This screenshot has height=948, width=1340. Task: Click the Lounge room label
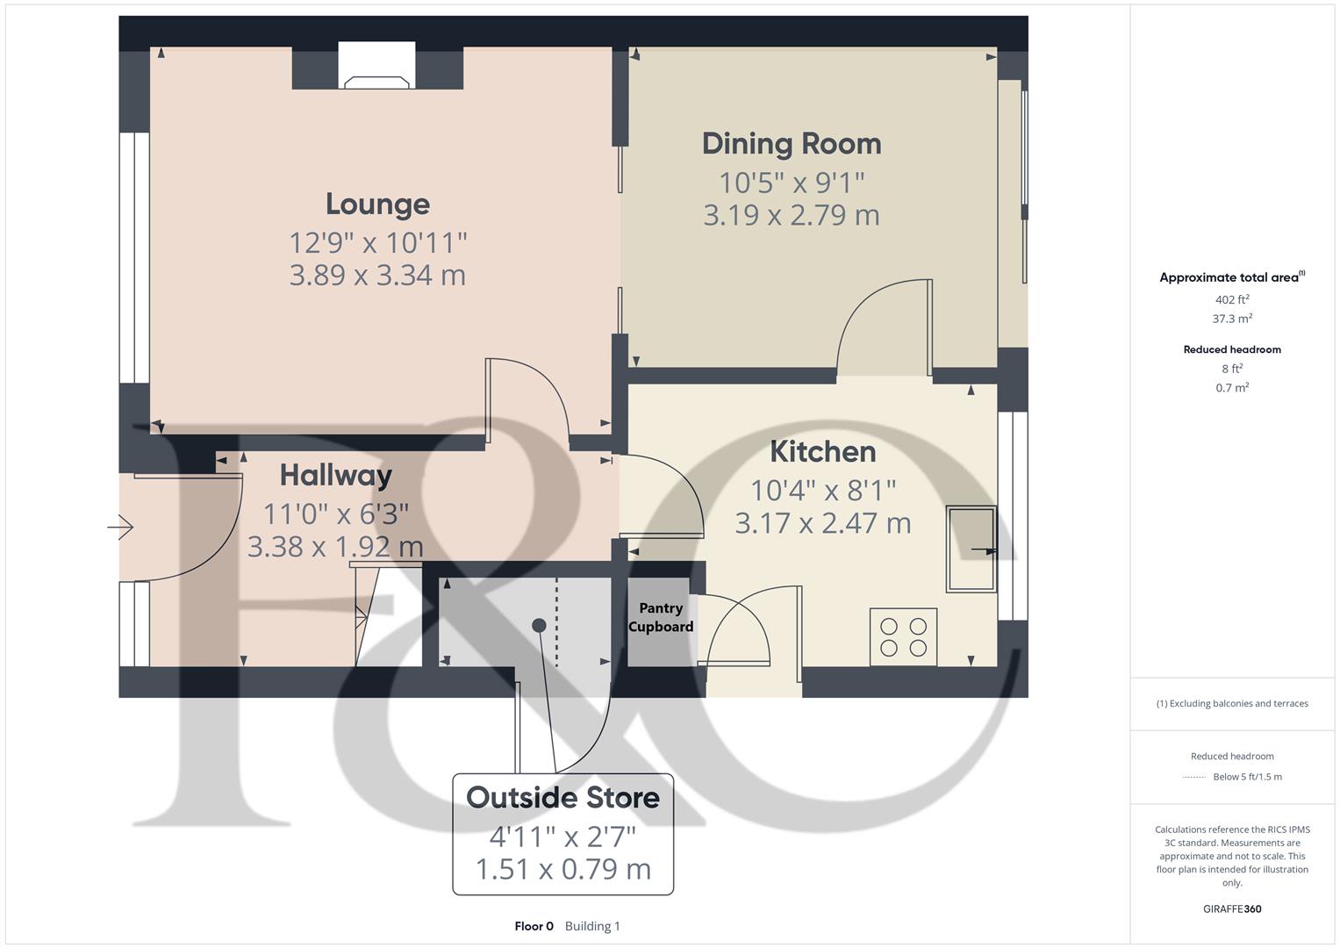[x=377, y=204]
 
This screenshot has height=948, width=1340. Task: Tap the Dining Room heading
[x=791, y=144]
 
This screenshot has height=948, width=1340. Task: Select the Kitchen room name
[x=822, y=451]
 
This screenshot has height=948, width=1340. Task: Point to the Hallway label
[x=335, y=475]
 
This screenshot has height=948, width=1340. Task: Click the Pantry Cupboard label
[x=661, y=617]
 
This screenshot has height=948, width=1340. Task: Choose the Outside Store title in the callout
[x=563, y=797]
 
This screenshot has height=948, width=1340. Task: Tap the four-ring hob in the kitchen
[x=903, y=637]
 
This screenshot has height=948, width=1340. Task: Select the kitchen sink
[x=970, y=549]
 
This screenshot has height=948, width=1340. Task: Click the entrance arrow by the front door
[x=120, y=528]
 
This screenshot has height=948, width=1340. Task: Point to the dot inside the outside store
[x=539, y=625]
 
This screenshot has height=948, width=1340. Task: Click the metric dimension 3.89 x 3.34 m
[x=377, y=275]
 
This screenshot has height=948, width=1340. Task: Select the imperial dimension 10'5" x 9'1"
[x=791, y=183]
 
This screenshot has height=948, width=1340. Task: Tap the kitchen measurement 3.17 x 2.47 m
[x=822, y=523]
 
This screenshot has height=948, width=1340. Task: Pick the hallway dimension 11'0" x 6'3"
[x=335, y=513]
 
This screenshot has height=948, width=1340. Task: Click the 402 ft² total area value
[x=1231, y=299]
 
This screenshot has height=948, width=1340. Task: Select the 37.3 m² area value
[x=1231, y=319]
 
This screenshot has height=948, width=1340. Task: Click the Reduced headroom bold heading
[x=1231, y=349]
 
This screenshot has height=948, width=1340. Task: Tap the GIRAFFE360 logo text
[x=1231, y=908]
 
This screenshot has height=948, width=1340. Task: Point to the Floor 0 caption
[x=534, y=926]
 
